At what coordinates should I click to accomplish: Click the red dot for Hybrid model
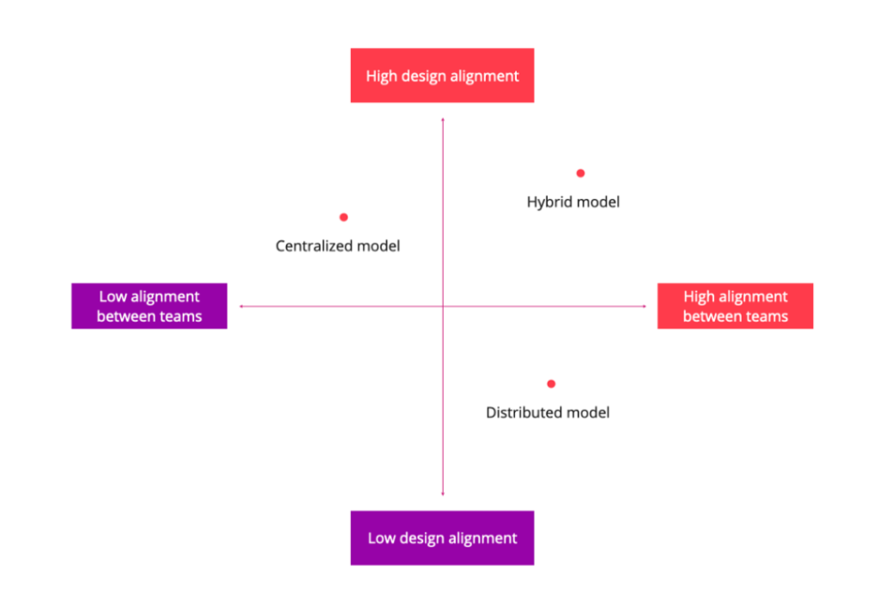coord(580,173)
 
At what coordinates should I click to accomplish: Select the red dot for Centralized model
coord(343,217)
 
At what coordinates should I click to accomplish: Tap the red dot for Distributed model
coord(551,383)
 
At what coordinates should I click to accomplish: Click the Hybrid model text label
coord(573,202)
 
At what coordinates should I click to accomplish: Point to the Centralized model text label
coord(337,246)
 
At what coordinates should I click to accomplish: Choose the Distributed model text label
coord(548,413)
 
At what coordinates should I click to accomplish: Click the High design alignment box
coord(442,75)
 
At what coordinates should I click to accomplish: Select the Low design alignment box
coord(442,538)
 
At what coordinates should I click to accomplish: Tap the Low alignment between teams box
coord(149,306)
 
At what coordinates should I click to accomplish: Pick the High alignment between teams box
coord(735,306)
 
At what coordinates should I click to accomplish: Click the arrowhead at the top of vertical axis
coord(442,119)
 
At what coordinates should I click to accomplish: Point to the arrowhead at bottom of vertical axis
coord(442,494)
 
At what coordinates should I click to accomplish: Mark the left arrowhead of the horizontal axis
coord(241,306)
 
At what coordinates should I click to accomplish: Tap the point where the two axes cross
coord(442,306)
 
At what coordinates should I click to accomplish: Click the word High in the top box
coord(382,76)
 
